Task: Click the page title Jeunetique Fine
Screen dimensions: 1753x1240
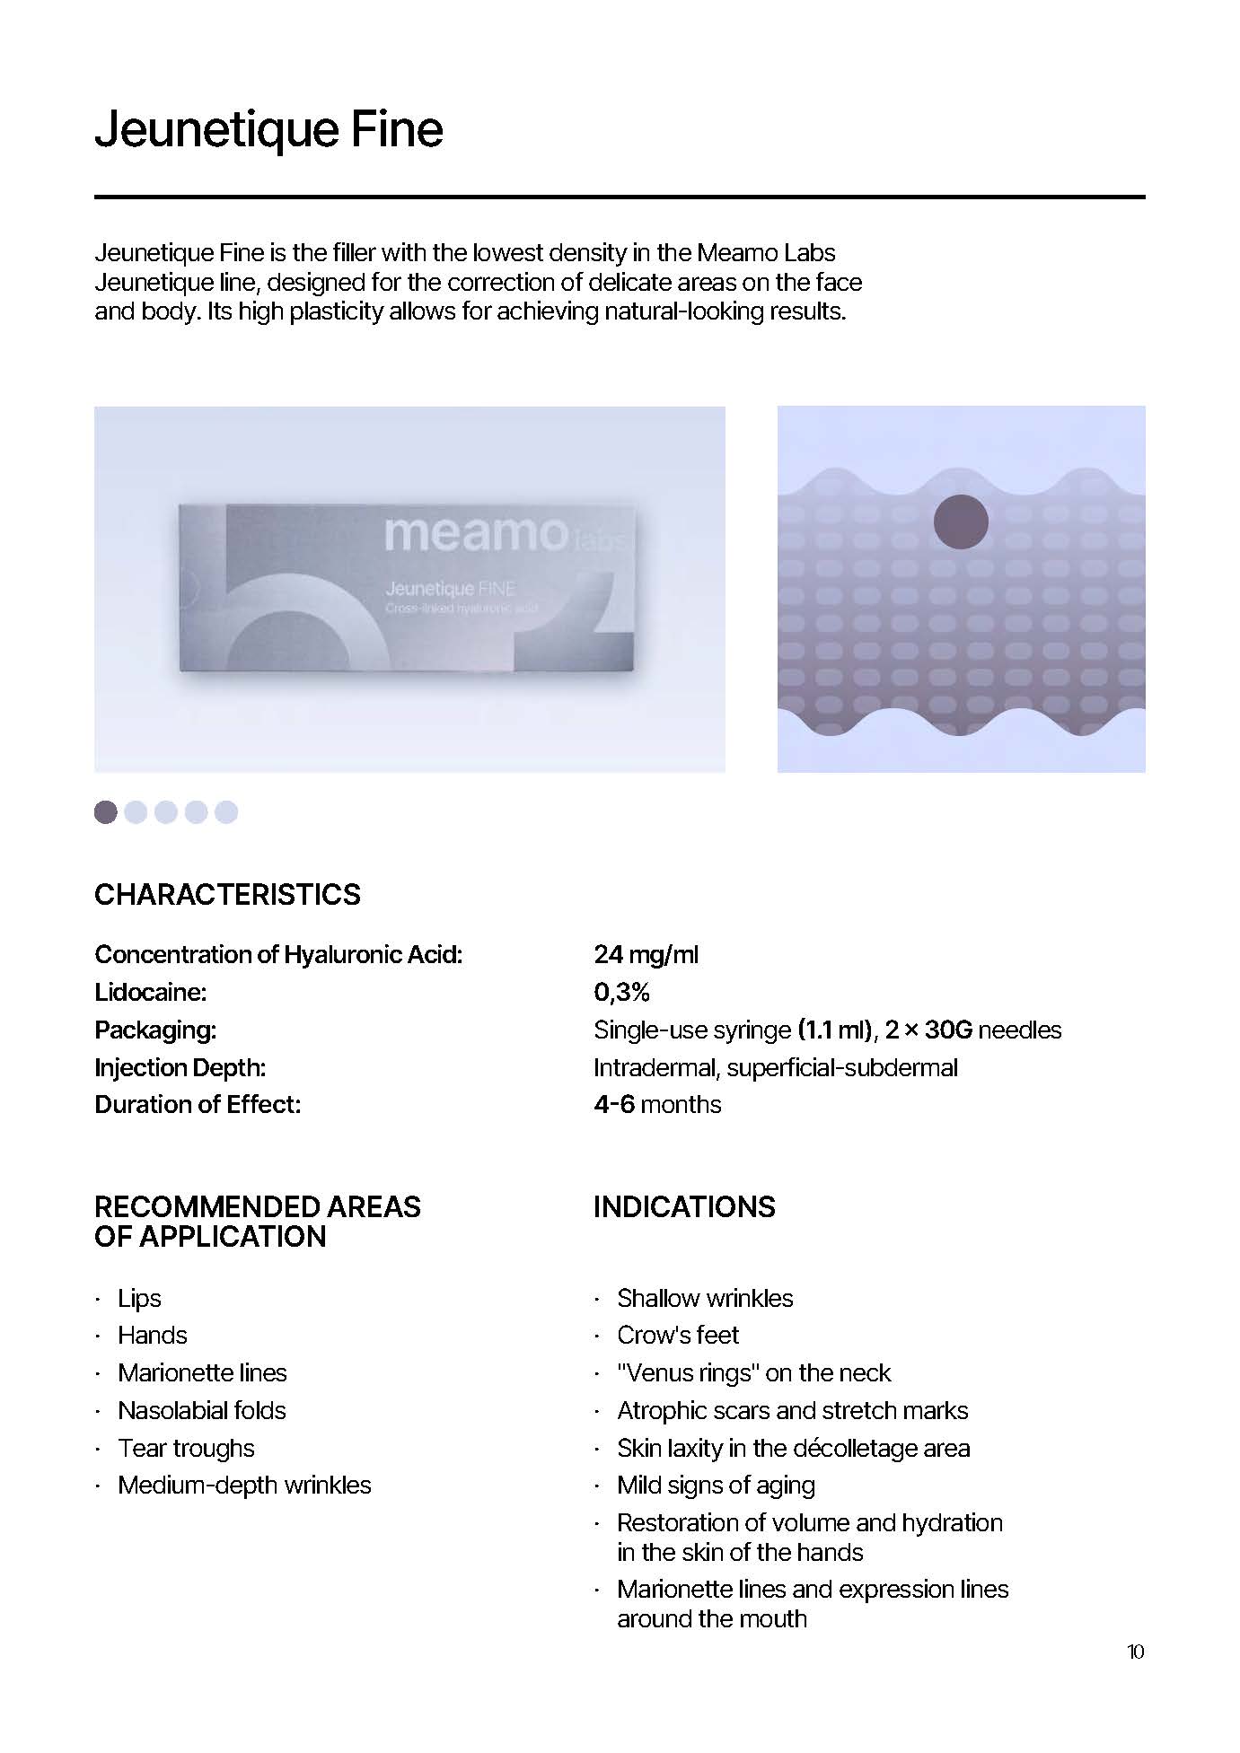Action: pyautogui.click(x=268, y=129)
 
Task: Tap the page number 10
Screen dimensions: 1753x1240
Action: pyautogui.click(x=1135, y=1652)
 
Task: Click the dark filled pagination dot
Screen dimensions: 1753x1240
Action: pyautogui.click(x=106, y=811)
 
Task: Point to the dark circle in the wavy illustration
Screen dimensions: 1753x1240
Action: pyautogui.click(x=961, y=522)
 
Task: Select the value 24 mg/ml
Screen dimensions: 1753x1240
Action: pyautogui.click(x=646, y=954)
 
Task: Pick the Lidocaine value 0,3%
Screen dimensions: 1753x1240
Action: pyautogui.click(x=621, y=992)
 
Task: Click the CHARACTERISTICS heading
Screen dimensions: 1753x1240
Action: pyautogui.click(x=227, y=894)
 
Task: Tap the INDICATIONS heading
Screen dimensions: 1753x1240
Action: pyautogui.click(x=684, y=1206)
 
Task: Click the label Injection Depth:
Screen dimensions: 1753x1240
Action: pyautogui.click(x=180, y=1067)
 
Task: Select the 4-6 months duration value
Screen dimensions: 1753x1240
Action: pyautogui.click(x=657, y=1104)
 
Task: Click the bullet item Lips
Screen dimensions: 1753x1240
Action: pyautogui.click(x=139, y=1298)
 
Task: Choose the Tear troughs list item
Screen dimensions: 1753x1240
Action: pyautogui.click(x=186, y=1448)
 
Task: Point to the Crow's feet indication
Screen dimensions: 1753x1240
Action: pyautogui.click(x=678, y=1335)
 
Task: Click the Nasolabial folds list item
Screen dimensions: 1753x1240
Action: pyautogui.click(x=202, y=1410)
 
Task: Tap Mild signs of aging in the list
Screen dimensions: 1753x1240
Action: pyautogui.click(x=716, y=1486)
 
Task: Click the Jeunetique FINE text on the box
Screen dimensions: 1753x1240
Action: pyautogui.click(x=450, y=589)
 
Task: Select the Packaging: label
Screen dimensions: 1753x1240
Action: pyautogui.click(x=155, y=1030)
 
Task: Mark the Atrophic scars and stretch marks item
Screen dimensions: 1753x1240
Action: pyautogui.click(x=792, y=1410)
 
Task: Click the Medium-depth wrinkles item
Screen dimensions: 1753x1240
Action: pyautogui.click(x=244, y=1486)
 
